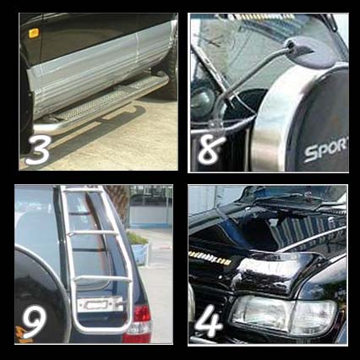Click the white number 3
point(38,150)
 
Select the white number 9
point(35,321)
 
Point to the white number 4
point(209,320)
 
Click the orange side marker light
point(34,33)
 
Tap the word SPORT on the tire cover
point(326,150)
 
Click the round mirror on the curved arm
point(311,52)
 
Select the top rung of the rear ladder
point(82,191)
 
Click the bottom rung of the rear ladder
point(103,280)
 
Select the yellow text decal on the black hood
point(209,259)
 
